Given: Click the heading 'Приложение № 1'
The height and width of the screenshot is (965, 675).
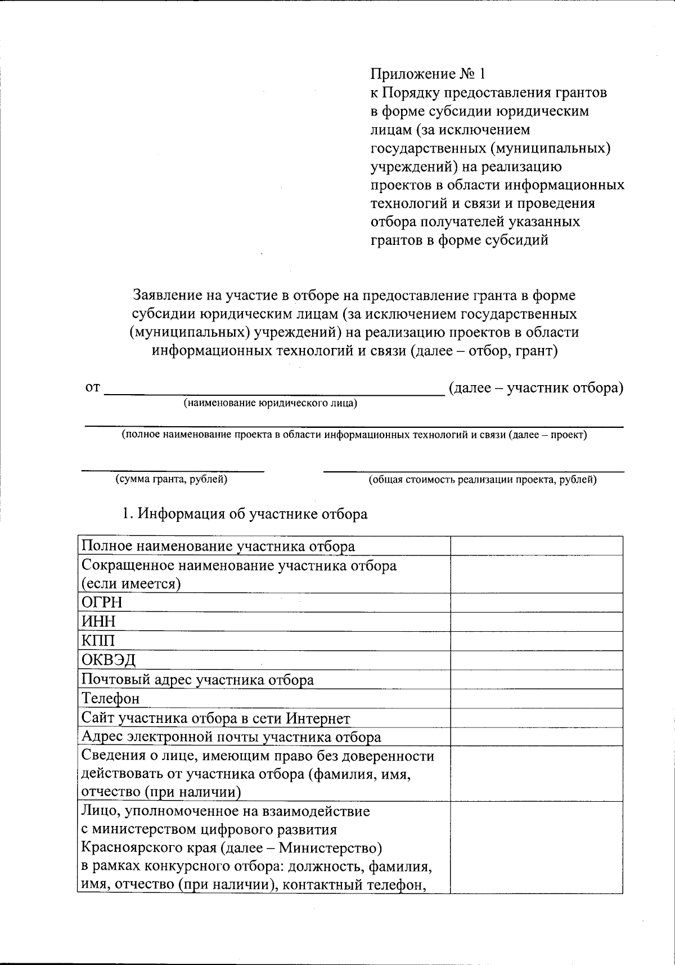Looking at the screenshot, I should pos(427,74).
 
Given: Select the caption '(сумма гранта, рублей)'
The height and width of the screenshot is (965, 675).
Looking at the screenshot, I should pos(172,480).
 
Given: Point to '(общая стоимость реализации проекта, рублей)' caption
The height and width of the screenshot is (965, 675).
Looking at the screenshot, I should pos(483,480).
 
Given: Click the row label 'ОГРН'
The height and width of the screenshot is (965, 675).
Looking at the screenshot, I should pos(102,603).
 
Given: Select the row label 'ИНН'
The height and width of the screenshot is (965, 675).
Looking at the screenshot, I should pos(98,622).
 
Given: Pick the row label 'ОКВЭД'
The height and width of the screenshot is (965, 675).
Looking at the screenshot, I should pos(109,660).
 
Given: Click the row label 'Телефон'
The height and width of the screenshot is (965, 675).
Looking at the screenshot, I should pos(110,699).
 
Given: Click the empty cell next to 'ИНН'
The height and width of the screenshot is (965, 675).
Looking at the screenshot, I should pos(536,622).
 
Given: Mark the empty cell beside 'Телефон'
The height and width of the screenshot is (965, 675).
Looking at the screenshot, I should pos(536,699).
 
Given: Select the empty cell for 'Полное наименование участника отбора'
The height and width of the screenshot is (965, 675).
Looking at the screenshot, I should pos(536,546).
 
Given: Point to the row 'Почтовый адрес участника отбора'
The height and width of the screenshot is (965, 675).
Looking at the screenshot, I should pos(197,680).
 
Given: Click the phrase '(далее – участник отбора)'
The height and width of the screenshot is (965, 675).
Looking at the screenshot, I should pos(535,388).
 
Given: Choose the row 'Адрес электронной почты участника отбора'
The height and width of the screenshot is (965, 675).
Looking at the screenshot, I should pos(231,737).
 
